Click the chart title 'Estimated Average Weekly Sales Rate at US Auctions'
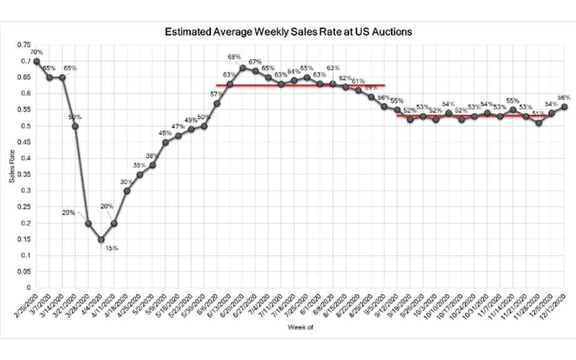[x=288, y=31]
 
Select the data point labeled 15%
[x=101, y=240]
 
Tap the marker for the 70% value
[x=36, y=61]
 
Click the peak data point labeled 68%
[x=242, y=68]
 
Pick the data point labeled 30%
[x=126, y=191]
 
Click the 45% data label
[x=165, y=133]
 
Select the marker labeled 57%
[x=217, y=103]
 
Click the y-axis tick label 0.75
[x=23, y=45]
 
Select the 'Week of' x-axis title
[x=297, y=327]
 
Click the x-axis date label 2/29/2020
[x=26, y=307]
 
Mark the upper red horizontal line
[x=301, y=85]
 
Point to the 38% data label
[x=152, y=155]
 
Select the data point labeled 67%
[x=255, y=71]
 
